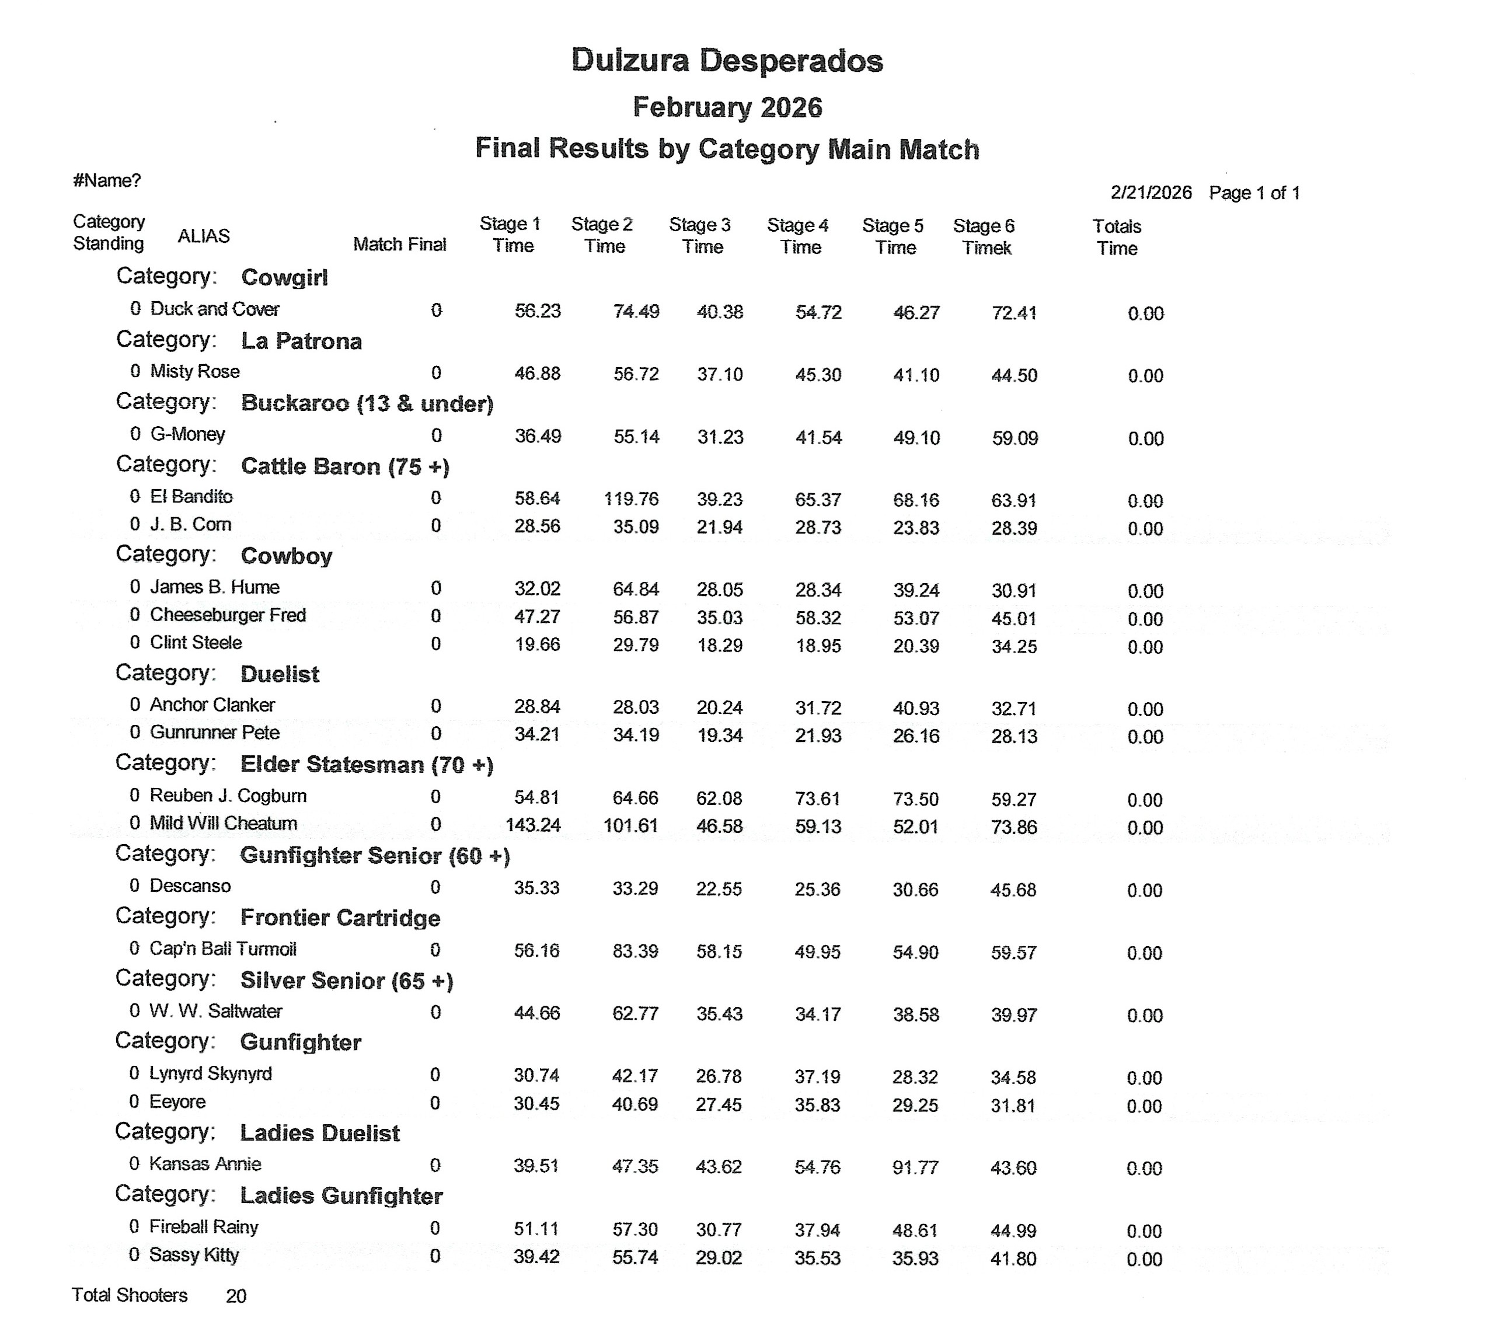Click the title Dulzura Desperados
pyautogui.click(x=727, y=60)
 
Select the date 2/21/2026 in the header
pyautogui.click(x=1151, y=193)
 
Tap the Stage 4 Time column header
pyautogui.click(x=799, y=236)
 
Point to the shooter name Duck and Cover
pyautogui.click(x=214, y=309)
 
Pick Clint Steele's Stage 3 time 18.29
pyautogui.click(x=719, y=645)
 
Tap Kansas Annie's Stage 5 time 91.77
pyautogui.click(x=915, y=1167)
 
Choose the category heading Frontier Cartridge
pyautogui.click(x=340, y=918)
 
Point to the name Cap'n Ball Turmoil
pyautogui.click(x=222, y=949)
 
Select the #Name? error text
pyautogui.click(x=107, y=180)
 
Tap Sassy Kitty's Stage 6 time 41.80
pyautogui.click(x=1013, y=1258)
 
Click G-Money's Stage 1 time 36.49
pyautogui.click(x=537, y=437)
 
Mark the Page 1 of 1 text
pyautogui.click(x=1254, y=193)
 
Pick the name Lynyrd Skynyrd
pyautogui.click(x=211, y=1074)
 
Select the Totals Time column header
pyautogui.click(x=1117, y=238)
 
